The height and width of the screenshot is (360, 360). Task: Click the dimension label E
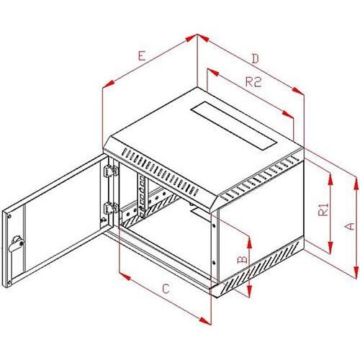click(x=142, y=55)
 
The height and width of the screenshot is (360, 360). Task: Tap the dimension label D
click(x=256, y=58)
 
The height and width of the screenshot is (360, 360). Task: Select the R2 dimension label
click(x=253, y=81)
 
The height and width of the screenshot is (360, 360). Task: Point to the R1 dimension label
click(x=323, y=210)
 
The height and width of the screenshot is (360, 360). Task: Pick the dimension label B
click(x=242, y=259)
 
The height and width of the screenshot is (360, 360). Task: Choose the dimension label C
click(x=166, y=289)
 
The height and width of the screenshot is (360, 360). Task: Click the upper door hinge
click(x=110, y=170)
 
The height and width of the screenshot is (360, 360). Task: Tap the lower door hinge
click(x=110, y=208)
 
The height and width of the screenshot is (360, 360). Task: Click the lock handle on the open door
click(x=17, y=243)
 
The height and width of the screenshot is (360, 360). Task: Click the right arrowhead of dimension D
click(x=298, y=91)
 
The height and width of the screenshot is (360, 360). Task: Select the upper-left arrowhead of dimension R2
click(x=213, y=72)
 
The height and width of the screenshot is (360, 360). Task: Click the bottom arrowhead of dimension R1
click(x=330, y=248)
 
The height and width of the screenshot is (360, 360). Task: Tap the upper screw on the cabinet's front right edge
click(x=213, y=225)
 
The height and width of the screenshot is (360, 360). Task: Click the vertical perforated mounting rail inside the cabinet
click(x=141, y=196)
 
